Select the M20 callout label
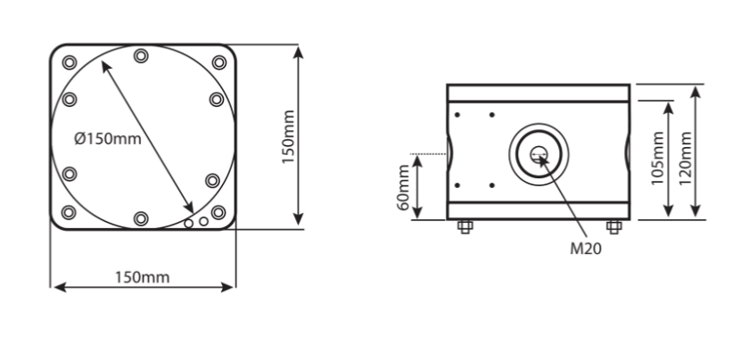tap(586, 250)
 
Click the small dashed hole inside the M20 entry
tap(538, 156)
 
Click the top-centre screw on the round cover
tap(141, 56)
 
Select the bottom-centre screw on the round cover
tap(141, 218)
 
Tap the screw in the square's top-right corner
tap(218, 61)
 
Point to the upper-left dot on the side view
tap(457, 115)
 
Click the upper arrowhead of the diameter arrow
tap(105, 65)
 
